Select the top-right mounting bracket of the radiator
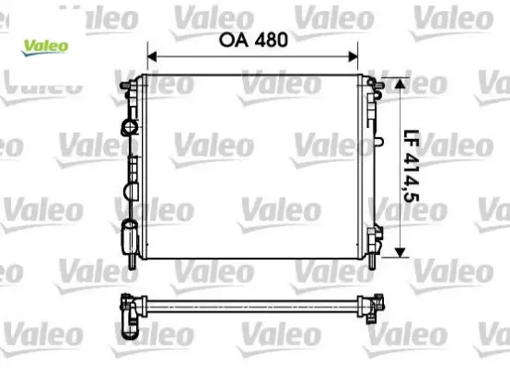click(x=375, y=91)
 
